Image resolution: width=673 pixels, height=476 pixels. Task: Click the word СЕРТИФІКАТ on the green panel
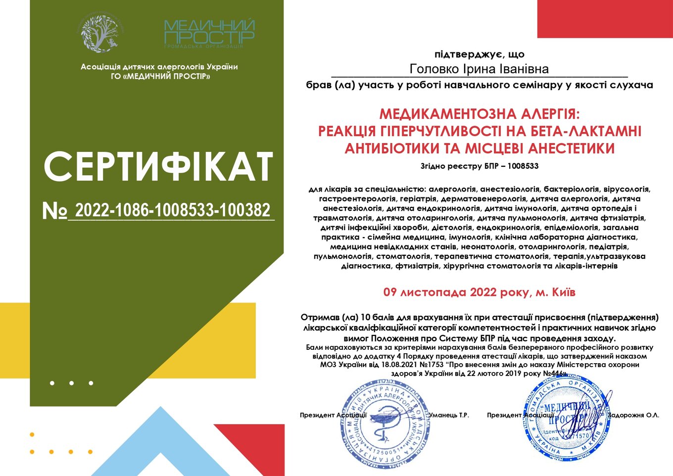pos(158,166)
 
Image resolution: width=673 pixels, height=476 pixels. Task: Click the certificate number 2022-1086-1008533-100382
pos(173,210)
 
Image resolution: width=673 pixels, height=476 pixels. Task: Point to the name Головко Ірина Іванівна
pos(479,69)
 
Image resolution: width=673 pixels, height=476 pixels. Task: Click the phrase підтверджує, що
pos(479,54)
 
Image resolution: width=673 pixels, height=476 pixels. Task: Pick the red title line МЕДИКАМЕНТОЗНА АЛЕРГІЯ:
pos(479,114)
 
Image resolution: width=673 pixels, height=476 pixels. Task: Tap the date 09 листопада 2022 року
pos(458,292)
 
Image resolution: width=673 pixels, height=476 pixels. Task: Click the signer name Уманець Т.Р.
pos(449,415)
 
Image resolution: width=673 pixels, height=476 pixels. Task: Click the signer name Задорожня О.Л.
pos(635,415)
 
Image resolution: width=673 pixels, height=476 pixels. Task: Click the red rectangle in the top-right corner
pos(605,19)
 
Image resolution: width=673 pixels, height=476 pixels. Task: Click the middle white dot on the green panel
pos(72,383)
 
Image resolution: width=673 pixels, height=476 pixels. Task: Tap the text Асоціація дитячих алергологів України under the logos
pos(159,67)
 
